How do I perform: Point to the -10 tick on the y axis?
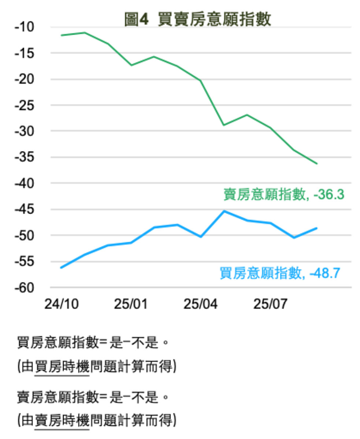pyautogui.click(x=24, y=27)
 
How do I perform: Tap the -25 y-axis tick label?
pyautogui.click(x=24, y=105)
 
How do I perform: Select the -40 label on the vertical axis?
pyautogui.click(x=24, y=183)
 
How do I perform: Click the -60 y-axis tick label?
pyautogui.click(x=24, y=288)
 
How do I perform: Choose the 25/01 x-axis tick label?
pyautogui.click(x=131, y=304)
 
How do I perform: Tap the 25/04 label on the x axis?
pyautogui.click(x=201, y=304)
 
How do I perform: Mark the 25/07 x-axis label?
pyautogui.click(x=271, y=304)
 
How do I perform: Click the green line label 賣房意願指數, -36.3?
pyautogui.click(x=284, y=195)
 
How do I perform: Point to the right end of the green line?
pyautogui.click(x=317, y=164)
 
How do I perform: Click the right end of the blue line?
pyautogui.click(x=317, y=228)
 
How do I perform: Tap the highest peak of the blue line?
pyautogui.click(x=224, y=211)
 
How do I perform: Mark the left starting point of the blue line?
pyautogui.click(x=61, y=268)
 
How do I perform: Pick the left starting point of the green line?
pyautogui.click(x=61, y=35)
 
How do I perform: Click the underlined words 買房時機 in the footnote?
pyautogui.click(x=62, y=367)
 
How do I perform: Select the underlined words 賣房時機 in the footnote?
pyautogui.click(x=62, y=419)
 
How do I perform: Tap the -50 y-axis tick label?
pyautogui.click(x=24, y=236)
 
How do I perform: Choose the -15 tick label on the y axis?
pyautogui.click(x=24, y=53)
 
